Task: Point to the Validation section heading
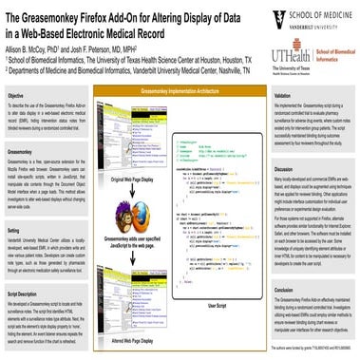288,96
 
